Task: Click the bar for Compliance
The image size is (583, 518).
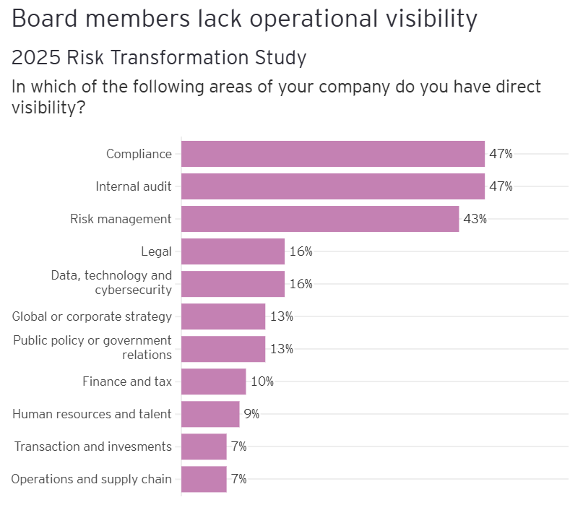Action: tap(332, 154)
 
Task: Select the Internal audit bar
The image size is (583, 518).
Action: tap(332, 186)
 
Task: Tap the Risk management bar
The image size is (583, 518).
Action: tap(320, 219)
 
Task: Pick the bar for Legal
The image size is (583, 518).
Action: tap(233, 251)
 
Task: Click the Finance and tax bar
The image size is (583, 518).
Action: tap(213, 381)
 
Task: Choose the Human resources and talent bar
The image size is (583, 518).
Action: tap(210, 414)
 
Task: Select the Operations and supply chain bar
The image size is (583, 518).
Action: tap(204, 479)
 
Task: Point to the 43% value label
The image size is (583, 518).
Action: tap(475, 219)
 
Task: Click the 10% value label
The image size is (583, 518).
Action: tap(262, 381)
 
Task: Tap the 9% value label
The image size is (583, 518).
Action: tap(251, 414)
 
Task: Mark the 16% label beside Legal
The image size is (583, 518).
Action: tap(301, 251)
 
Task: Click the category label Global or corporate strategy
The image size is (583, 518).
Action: tap(92, 316)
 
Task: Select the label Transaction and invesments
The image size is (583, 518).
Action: tap(93, 446)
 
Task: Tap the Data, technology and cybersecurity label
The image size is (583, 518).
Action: tap(111, 282)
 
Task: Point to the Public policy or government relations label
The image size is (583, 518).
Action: tap(92, 348)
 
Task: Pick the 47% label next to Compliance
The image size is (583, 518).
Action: tap(501, 154)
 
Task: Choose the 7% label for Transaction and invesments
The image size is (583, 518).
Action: tap(238, 446)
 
